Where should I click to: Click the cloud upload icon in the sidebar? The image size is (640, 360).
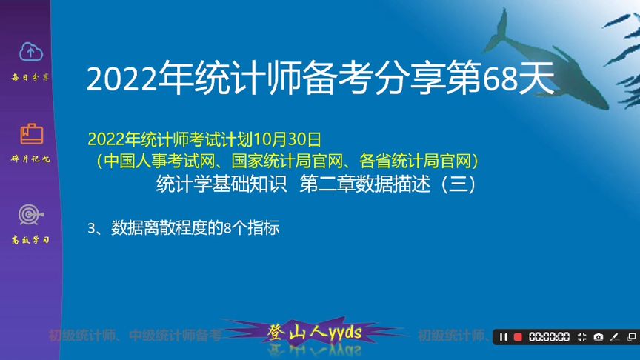[31, 52]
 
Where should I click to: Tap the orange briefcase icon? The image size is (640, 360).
[31, 134]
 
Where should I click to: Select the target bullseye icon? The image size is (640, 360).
[31, 215]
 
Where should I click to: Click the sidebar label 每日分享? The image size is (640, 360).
[31, 77]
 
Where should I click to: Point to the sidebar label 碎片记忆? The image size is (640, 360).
[31, 159]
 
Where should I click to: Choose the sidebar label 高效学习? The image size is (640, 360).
[31, 240]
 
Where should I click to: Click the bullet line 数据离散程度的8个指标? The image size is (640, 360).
[195, 228]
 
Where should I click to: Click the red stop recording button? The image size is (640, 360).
[518, 337]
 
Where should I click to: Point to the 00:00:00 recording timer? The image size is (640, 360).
[549, 337]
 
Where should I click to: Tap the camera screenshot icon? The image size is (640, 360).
[599, 337]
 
